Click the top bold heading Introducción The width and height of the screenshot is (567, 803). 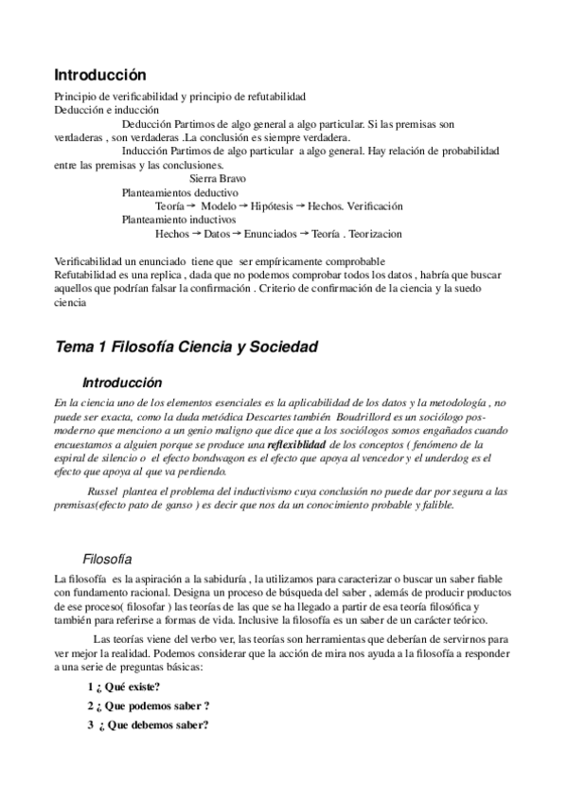(x=100, y=74)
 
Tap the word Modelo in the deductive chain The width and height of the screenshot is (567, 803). (x=219, y=205)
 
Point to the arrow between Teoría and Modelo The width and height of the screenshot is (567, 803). (x=191, y=205)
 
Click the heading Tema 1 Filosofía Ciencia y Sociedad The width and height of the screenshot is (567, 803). (x=186, y=348)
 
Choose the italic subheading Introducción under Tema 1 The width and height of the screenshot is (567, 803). (x=122, y=384)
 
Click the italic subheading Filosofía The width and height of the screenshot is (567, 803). (x=107, y=559)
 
